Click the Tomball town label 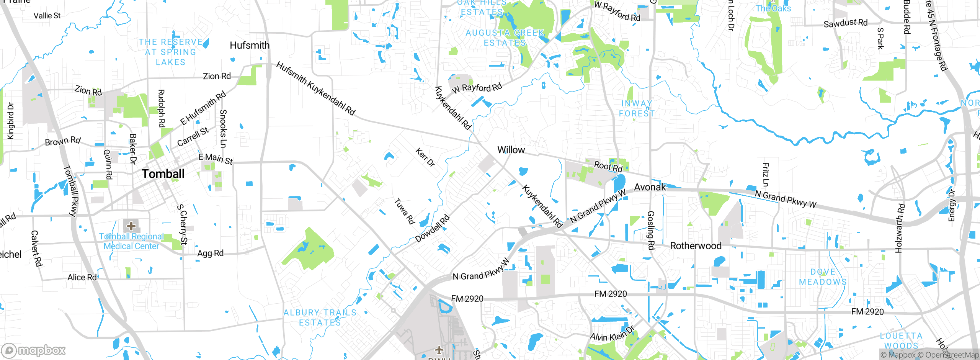pyautogui.click(x=163, y=174)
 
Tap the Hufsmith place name pyautogui.click(x=250, y=45)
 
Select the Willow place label pyautogui.click(x=511, y=150)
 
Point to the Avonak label pyautogui.click(x=650, y=187)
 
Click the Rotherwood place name pyautogui.click(x=696, y=246)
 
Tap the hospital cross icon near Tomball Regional pyautogui.click(x=131, y=225)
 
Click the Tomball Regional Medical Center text pyautogui.click(x=131, y=241)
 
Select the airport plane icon pyautogui.click(x=439, y=349)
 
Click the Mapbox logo pyautogui.click(x=34, y=350)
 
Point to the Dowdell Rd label pyautogui.click(x=433, y=229)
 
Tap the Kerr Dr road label pyautogui.click(x=425, y=157)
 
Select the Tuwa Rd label pyautogui.click(x=405, y=211)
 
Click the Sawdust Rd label pyautogui.click(x=845, y=23)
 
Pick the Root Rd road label pyautogui.click(x=608, y=167)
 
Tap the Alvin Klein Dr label pyautogui.click(x=612, y=334)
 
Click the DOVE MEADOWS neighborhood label pyautogui.click(x=823, y=277)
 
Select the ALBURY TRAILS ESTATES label pyautogui.click(x=320, y=317)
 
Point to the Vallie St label pyautogui.click(x=47, y=16)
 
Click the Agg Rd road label pyautogui.click(x=210, y=253)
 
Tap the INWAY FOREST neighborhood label pyautogui.click(x=637, y=108)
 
